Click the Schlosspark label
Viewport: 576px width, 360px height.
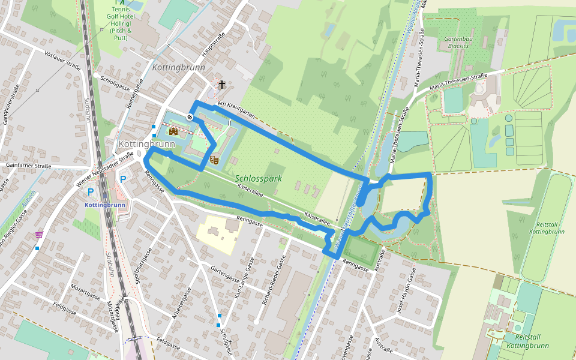(259, 179)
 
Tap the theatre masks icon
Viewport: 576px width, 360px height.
(213, 160)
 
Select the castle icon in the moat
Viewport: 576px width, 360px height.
(173, 131)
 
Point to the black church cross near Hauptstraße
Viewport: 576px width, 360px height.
(222, 85)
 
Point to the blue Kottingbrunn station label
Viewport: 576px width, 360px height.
(104, 205)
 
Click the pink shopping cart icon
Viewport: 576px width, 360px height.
(39, 235)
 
